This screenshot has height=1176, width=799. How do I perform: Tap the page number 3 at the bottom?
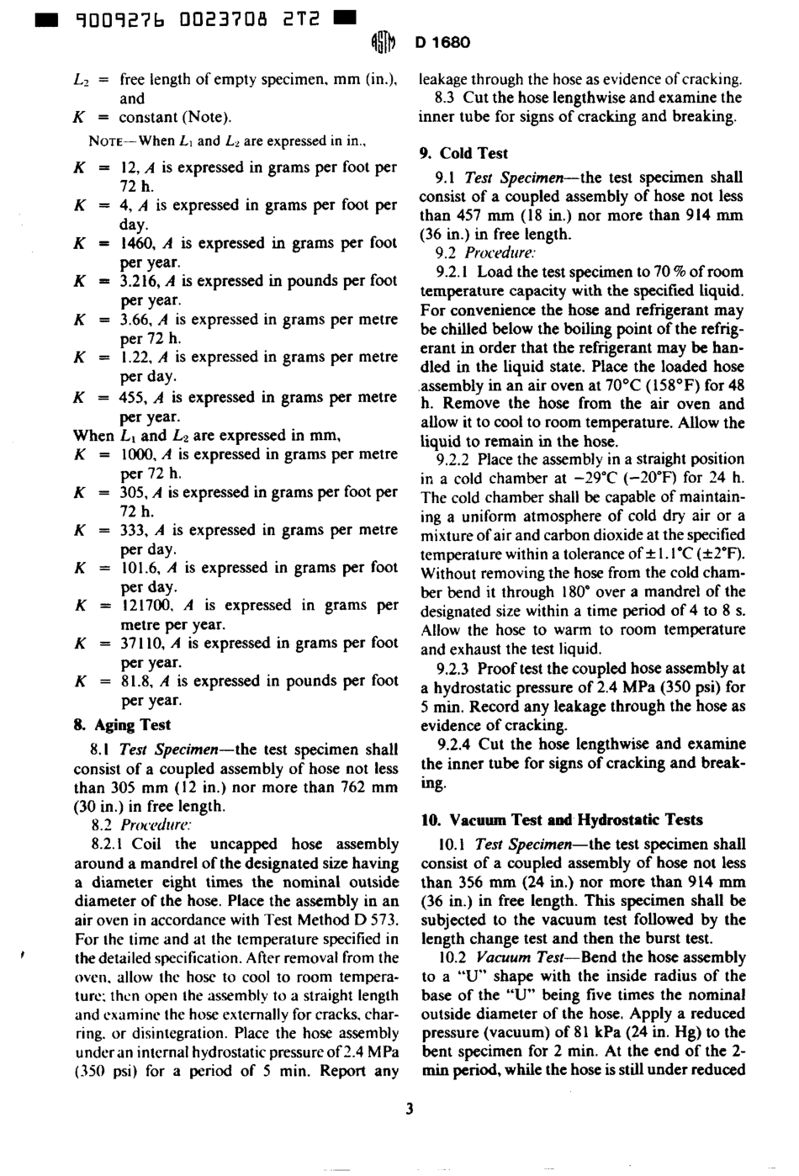pyautogui.click(x=409, y=1108)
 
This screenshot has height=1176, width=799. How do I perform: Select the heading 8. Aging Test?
pyautogui.click(x=122, y=724)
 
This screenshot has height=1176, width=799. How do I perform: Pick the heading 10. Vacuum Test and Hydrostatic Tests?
pyautogui.click(x=561, y=819)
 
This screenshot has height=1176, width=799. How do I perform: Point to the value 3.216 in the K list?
pyautogui.click(x=139, y=281)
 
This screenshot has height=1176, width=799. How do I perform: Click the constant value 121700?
pyautogui.click(x=146, y=605)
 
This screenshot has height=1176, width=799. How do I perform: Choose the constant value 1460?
pyautogui.click(x=137, y=243)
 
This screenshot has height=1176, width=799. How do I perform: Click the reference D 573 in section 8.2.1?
pyautogui.click(x=375, y=919)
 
